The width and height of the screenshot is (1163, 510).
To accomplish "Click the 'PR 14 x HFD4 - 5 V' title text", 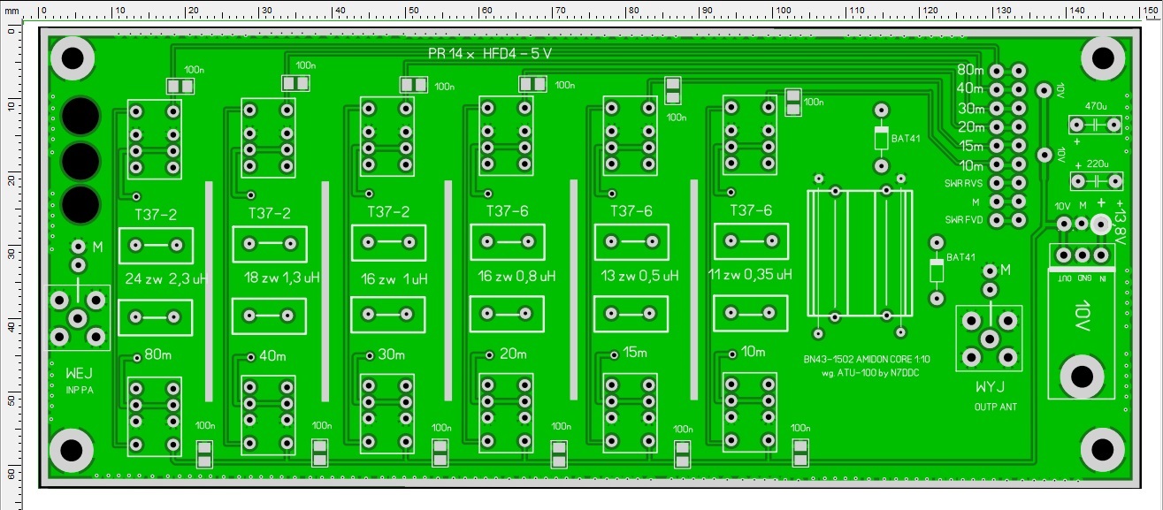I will point(489,53).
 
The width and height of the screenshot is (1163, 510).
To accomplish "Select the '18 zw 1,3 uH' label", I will point(281,278).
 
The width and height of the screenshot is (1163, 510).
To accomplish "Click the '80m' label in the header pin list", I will point(970,70).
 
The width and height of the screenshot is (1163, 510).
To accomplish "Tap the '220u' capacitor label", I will point(1097,164).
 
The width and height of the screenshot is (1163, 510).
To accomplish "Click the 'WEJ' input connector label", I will point(79,375).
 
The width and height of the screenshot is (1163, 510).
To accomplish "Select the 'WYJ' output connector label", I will point(990,388).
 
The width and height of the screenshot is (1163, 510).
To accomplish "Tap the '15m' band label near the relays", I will point(635,353).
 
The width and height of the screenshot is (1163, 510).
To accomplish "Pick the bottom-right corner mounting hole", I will point(1102,448).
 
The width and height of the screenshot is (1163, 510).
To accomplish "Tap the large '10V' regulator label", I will point(1084,316).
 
